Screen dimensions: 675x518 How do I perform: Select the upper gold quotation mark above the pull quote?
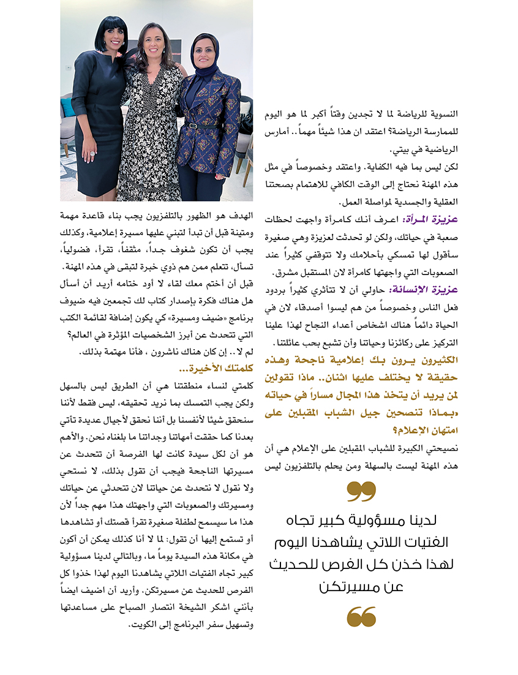tap(361, 491)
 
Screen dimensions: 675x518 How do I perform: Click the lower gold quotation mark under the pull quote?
tap(361, 616)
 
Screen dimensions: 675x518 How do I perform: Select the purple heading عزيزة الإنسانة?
tap(428, 290)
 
